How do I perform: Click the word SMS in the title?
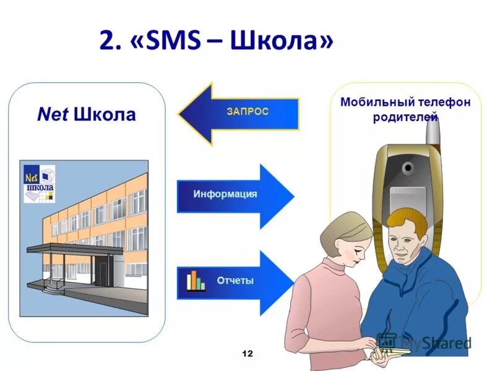(x=176, y=42)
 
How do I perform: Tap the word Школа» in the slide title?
(x=282, y=42)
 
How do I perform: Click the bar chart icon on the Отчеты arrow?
(x=196, y=281)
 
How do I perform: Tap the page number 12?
(x=247, y=354)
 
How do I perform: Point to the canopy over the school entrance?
(x=74, y=249)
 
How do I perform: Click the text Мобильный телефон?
(x=405, y=103)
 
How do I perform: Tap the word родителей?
(x=405, y=117)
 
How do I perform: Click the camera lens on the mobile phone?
(x=408, y=168)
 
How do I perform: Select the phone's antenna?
(x=435, y=133)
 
